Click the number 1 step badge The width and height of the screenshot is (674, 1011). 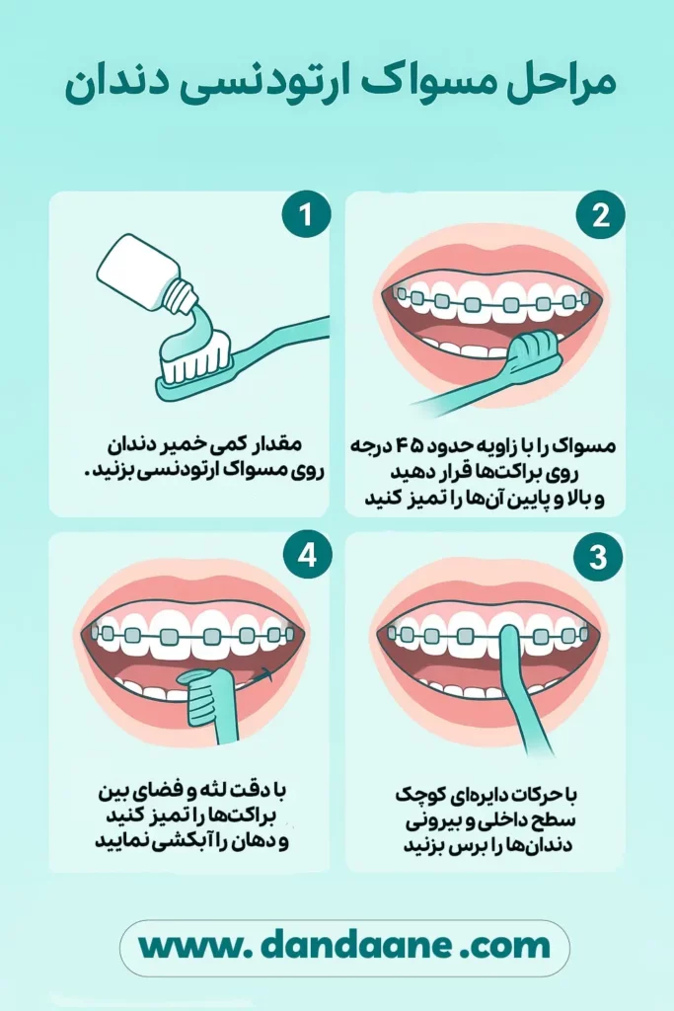click(x=306, y=214)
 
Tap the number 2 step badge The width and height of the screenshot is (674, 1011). click(x=601, y=214)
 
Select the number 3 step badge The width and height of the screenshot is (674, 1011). click(x=599, y=557)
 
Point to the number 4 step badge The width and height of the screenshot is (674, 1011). click(x=307, y=554)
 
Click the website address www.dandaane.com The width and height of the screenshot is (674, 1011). click(x=344, y=947)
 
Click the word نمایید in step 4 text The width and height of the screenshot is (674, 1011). click(x=121, y=841)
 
